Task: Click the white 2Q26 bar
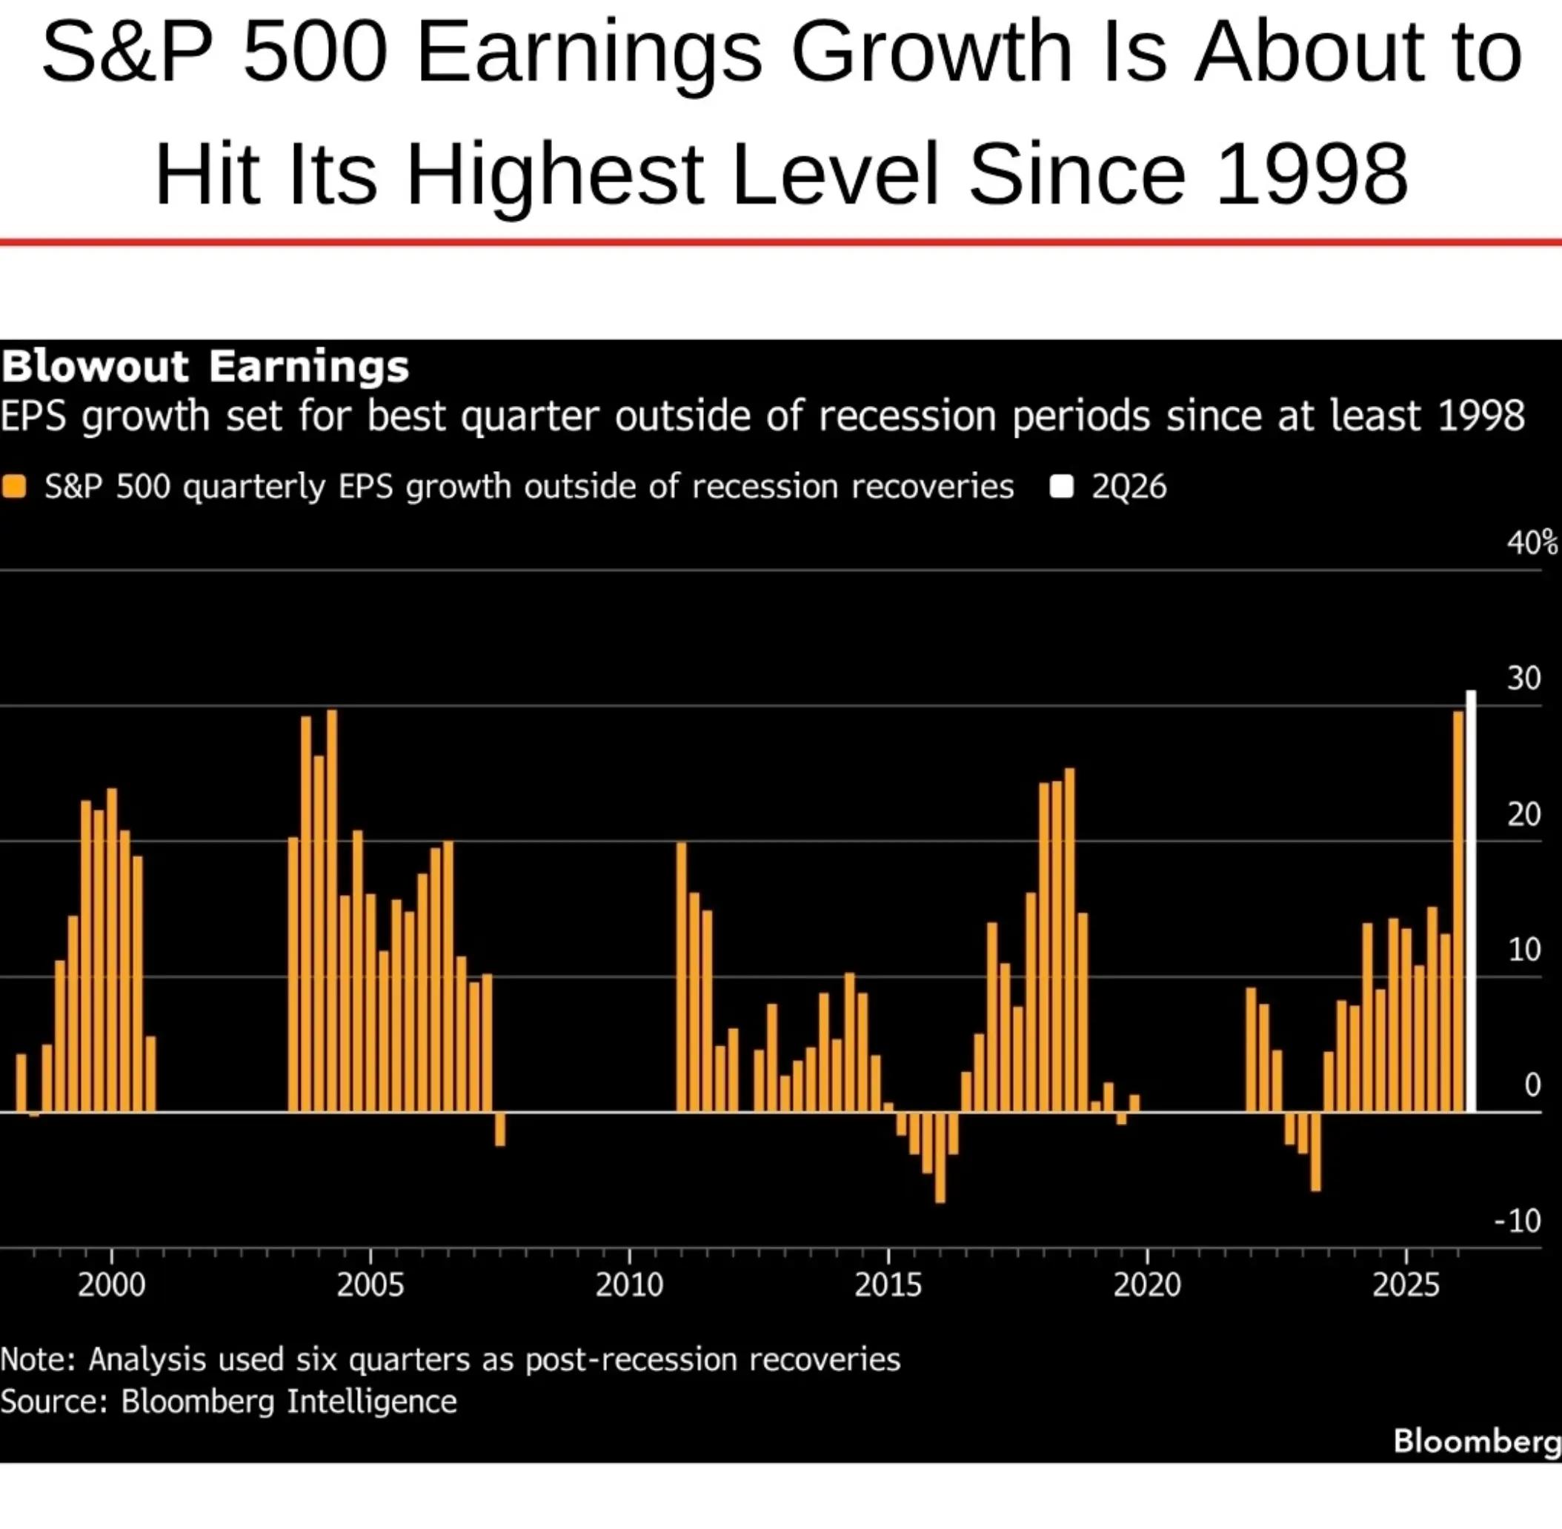click(x=1470, y=901)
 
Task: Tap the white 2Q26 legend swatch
click(x=1062, y=487)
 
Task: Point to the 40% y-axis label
click(x=1532, y=544)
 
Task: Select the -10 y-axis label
click(x=1518, y=1221)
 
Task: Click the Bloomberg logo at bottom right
click(x=1477, y=1441)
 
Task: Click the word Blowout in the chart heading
click(x=95, y=366)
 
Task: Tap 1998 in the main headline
click(x=1312, y=173)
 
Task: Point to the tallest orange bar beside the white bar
click(x=1458, y=911)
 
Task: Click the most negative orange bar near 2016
click(x=940, y=1157)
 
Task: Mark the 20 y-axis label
click(x=1524, y=815)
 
